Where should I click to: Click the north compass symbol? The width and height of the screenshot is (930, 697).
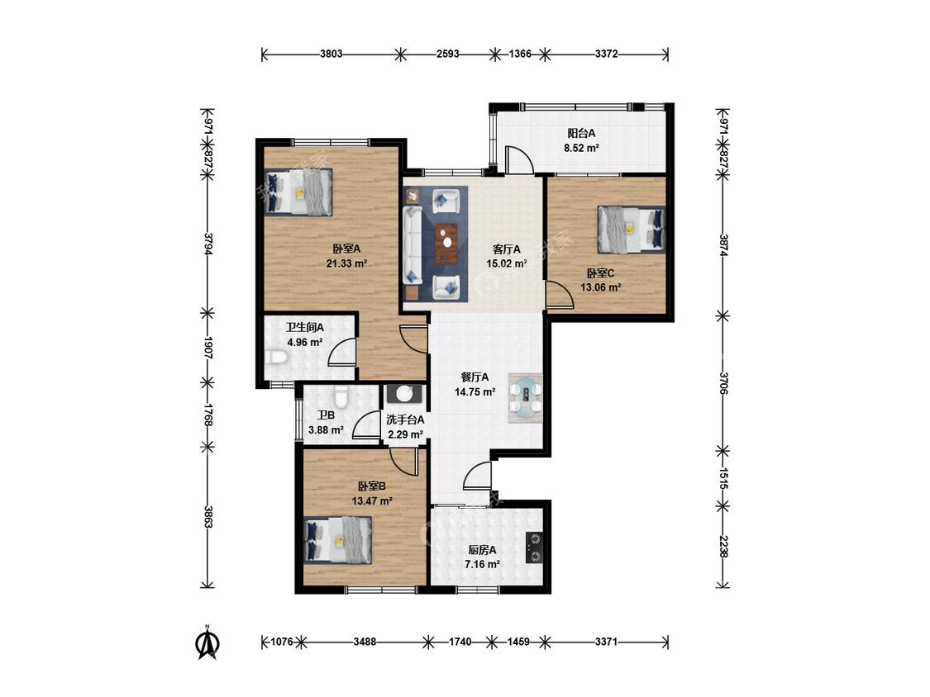click(207, 643)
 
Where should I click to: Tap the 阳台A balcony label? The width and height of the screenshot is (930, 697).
click(581, 133)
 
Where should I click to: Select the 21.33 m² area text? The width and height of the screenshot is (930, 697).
click(346, 263)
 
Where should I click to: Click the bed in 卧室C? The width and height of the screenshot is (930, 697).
click(631, 229)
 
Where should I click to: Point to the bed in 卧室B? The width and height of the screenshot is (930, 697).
click(337, 539)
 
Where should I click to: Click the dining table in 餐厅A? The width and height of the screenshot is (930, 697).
click(526, 398)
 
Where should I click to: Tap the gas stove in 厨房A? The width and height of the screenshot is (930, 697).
click(534, 548)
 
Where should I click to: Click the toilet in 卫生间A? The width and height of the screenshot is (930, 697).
click(276, 358)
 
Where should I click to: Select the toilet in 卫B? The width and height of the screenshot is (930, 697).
click(340, 395)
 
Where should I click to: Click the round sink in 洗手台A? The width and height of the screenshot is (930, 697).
click(405, 394)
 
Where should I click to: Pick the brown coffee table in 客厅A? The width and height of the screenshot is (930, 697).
click(446, 243)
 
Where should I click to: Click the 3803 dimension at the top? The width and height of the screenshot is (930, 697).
click(331, 54)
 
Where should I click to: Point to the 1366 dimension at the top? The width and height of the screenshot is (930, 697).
click(520, 54)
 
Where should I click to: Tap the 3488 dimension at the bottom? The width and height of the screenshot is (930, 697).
click(365, 642)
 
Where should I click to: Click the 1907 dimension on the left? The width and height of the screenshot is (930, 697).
click(208, 348)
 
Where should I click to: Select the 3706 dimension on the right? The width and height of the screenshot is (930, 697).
click(723, 383)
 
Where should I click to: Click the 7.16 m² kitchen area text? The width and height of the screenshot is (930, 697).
click(482, 564)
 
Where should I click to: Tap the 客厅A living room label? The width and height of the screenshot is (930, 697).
click(507, 249)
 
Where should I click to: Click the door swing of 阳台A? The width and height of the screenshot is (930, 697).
click(518, 159)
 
